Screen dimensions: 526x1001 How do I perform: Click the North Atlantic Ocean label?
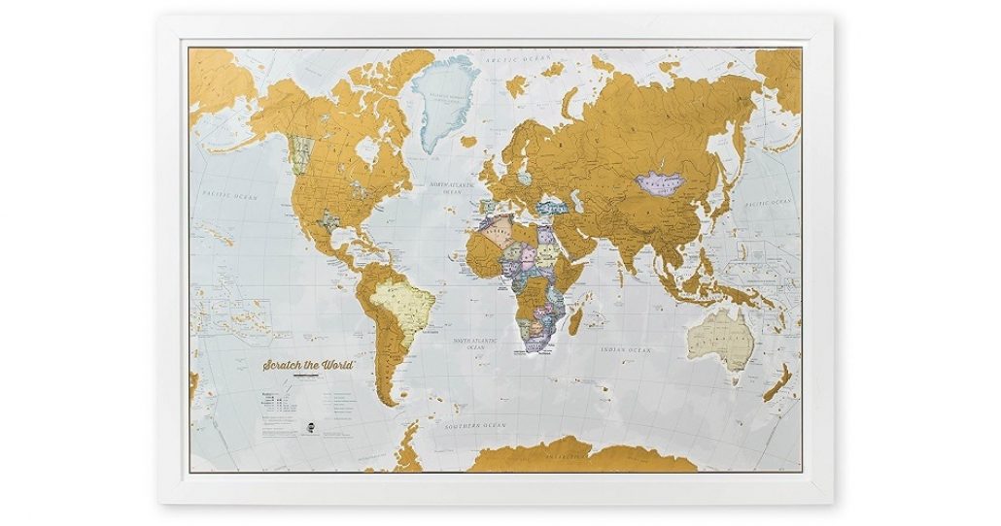452,188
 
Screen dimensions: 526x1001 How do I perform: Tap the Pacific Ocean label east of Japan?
768,203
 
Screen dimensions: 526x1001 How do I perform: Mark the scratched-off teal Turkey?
552,206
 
